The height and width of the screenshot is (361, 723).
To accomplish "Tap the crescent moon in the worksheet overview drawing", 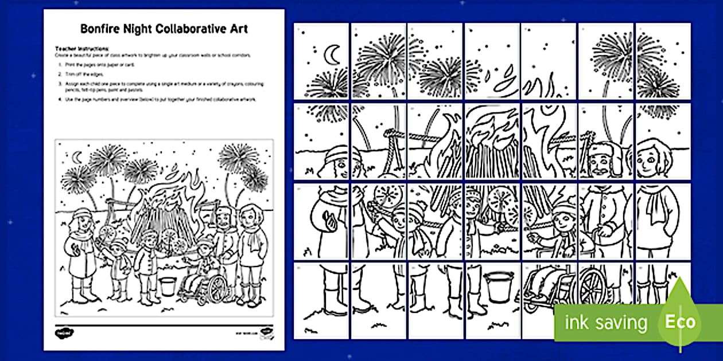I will [x=77, y=155].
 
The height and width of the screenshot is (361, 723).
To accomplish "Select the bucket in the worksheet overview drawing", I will [x=167, y=285].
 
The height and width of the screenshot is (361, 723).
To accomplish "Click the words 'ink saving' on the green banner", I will [x=606, y=323].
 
